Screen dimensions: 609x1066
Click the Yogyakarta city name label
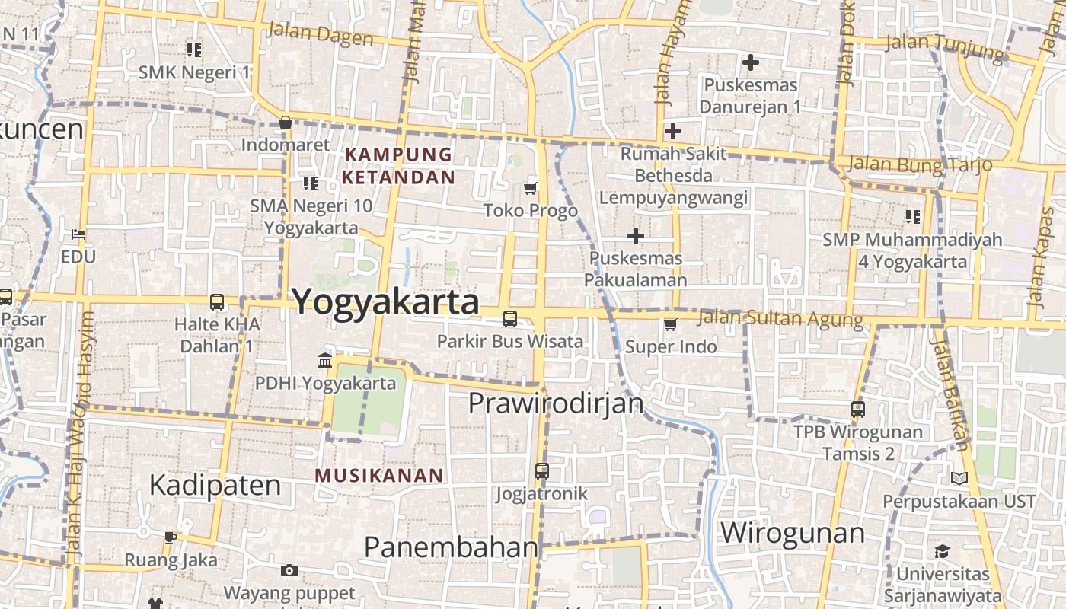(385, 302)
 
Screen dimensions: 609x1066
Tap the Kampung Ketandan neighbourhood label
(398, 166)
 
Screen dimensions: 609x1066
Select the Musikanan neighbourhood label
(379, 476)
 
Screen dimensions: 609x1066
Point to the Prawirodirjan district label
(556, 403)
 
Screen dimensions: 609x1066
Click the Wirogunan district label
(792, 532)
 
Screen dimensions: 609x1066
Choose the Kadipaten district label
(215, 485)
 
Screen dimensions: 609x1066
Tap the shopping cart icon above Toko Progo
(531, 188)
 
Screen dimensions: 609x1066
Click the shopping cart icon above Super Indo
(670, 325)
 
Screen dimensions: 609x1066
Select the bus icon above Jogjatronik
(541, 471)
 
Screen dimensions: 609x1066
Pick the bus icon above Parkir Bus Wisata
(510, 319)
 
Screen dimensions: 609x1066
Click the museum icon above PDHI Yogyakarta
(325, 360)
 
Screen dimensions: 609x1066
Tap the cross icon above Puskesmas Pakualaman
(635, 236)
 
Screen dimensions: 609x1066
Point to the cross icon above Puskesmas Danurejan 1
(751, 62)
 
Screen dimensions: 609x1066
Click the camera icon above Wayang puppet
(289, 570)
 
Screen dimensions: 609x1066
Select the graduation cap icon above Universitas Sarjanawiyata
(942, 551)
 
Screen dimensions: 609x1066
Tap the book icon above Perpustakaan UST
(959, 479)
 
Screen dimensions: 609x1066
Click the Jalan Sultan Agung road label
(780, 318)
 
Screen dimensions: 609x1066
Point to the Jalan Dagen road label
(321, 34)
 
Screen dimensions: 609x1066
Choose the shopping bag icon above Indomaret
(286, 123)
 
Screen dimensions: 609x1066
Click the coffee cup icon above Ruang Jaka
(171, 537)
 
